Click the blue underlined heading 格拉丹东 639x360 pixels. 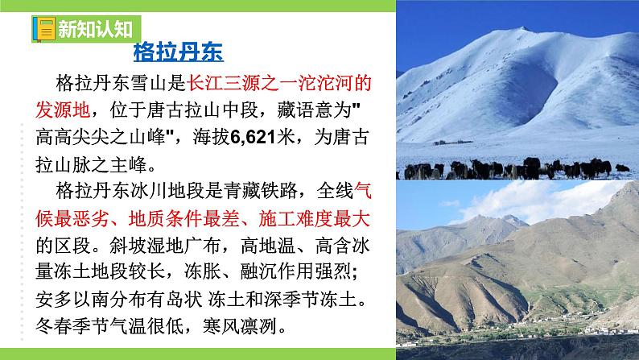[x=177, y=54]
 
